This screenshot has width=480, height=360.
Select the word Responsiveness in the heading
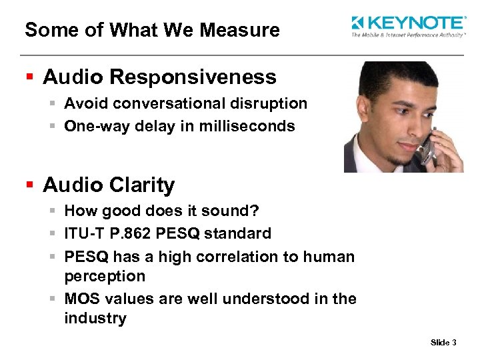[x=194, y=77]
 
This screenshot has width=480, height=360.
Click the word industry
[x=95, y=318]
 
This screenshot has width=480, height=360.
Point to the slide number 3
[x=454, y=343]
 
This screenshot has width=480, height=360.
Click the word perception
[x=105, y=275]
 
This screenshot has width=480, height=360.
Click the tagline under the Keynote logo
[x=408, y=35]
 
